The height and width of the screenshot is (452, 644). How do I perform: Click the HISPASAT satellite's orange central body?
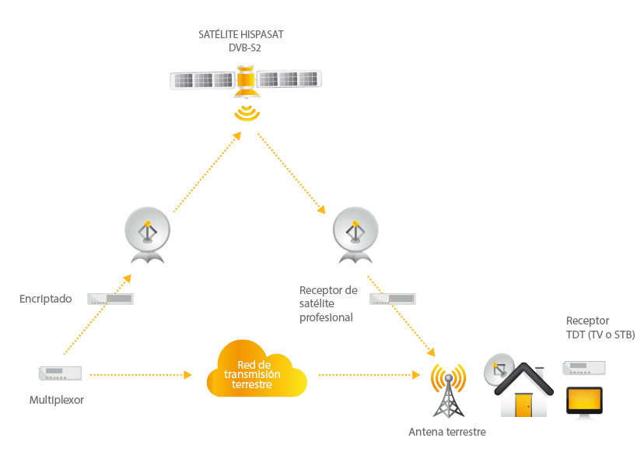246,81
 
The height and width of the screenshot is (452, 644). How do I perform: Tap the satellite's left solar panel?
202,80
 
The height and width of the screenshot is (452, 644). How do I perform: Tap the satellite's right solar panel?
289,79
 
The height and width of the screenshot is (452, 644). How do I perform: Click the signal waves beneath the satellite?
247,113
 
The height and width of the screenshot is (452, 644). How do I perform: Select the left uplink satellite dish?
148,235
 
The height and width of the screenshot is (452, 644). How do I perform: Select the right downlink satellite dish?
355,235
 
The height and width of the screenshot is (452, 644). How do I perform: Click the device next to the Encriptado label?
110,299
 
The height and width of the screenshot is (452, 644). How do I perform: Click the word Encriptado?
46,299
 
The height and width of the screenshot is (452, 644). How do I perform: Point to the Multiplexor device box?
61,373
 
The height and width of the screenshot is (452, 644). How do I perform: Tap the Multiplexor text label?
57,400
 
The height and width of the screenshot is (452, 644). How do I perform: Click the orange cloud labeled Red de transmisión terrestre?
257,369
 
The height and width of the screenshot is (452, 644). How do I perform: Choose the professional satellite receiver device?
393,299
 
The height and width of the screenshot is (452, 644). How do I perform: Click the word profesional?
326,317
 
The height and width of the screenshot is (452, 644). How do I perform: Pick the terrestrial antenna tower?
449,391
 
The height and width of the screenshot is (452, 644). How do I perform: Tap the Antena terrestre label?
447,432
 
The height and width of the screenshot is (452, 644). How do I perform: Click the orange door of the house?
523,405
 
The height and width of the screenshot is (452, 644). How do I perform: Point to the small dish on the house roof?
499,370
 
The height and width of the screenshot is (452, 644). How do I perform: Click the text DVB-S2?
245,47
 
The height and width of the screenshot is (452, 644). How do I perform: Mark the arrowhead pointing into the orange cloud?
187,375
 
